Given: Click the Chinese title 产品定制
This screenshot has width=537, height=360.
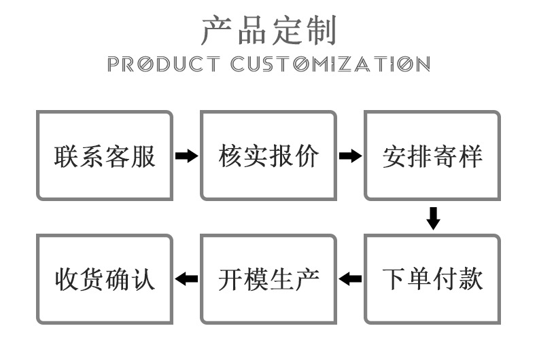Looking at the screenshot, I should point(268,30).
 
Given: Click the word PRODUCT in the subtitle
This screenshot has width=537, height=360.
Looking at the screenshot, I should point(163,65).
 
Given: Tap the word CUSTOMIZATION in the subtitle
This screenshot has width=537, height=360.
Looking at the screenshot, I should point(330,65).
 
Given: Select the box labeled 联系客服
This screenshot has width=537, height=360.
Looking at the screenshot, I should point(105,156).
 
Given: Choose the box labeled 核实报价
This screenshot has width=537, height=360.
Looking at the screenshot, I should point(268,156).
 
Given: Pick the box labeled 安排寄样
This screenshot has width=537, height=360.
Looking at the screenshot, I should point(432,156).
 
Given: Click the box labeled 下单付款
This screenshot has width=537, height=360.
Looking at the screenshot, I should point(432,279).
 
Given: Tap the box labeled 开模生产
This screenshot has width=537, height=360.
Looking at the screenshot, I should point(268,279).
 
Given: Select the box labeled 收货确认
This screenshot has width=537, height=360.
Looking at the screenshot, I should point(105,279).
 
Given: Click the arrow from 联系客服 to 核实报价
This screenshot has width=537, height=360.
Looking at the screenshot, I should point(186,156).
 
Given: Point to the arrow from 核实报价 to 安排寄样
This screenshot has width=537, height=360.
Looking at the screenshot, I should point(350,156).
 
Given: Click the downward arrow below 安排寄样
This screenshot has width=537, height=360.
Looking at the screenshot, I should point(433,218).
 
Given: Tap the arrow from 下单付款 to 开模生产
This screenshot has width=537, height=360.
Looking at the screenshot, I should point(350,278).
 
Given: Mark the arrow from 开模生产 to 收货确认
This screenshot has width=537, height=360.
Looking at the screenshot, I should point(186,278).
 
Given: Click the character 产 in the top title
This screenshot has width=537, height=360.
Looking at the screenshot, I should point(217,30).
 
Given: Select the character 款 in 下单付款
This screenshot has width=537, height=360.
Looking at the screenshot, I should point(470,279).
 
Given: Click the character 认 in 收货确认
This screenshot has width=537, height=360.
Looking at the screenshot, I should point(143,279).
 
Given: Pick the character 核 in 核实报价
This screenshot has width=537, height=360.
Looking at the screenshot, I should point(230,156).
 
